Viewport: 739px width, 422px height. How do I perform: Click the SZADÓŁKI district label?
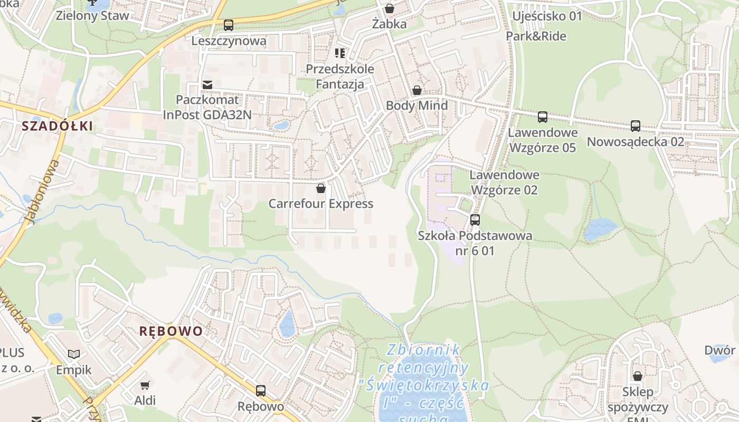point(57,126)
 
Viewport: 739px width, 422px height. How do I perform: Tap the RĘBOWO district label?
point(170,331)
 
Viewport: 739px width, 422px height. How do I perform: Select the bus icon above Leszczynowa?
point(229,25)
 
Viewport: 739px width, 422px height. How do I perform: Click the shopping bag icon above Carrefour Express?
point(321,188)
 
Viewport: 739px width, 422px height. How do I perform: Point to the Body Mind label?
point(417,105)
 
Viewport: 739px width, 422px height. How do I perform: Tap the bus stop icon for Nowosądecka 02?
point(636,126)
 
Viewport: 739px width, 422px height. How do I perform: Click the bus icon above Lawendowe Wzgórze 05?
point(543,117)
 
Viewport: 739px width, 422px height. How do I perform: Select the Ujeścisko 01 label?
point(547,16)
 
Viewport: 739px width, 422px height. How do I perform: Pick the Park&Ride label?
point(536,36)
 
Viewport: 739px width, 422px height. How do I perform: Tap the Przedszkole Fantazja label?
point(340,76)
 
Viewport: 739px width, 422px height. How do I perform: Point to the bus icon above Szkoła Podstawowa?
point(475,220)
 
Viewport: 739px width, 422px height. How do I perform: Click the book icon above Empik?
point(74,354)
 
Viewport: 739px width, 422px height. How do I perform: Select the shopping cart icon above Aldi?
point(145,385)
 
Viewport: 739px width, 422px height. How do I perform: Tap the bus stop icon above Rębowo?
point(261,391)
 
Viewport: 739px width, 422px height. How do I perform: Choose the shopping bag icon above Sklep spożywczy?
point(638,376)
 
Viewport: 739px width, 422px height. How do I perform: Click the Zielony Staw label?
point(92,16)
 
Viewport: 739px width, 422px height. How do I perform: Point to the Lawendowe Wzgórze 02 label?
point(504,182)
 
